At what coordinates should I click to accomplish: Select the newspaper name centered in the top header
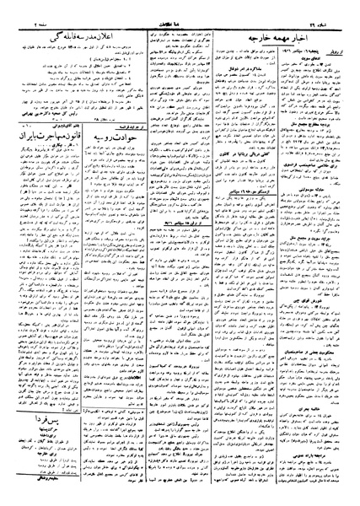click(x=180, y=9)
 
